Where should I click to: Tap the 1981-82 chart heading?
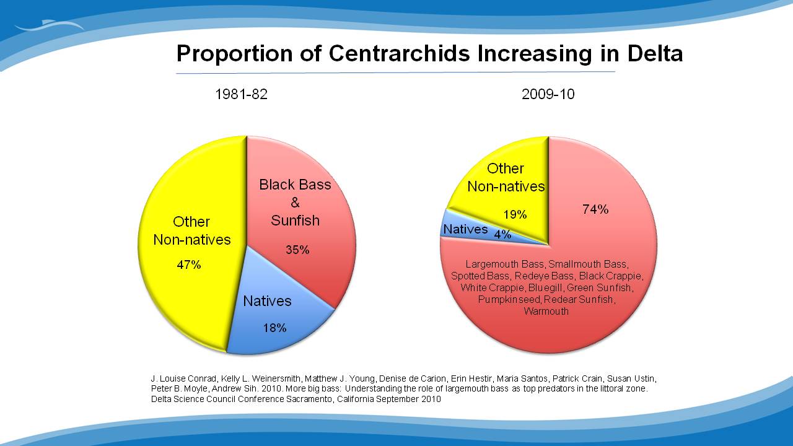[x=241, y=95]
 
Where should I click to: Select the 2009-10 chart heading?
[x=548, y=95]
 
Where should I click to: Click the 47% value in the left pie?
[x=189, y=265]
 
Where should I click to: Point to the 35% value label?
[x=297, y=250]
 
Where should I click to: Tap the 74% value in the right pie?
[x=595, y=209]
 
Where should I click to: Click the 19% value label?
[x=515, y=215]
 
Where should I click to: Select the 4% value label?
[x=502, y=234]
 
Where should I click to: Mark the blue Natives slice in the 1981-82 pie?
[x=273, y=310]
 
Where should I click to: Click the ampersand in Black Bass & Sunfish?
[x=295, y=203]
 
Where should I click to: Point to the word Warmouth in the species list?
[x=546, y=311]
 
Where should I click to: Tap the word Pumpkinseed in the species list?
[x=502, y=299]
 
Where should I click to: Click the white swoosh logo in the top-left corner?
[x=50, y=26]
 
